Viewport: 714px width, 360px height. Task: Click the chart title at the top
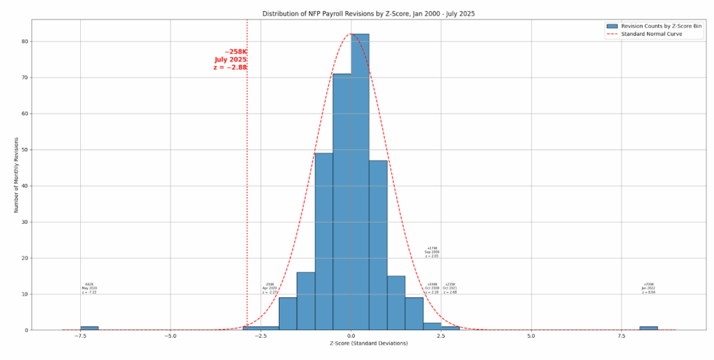click(367, 14)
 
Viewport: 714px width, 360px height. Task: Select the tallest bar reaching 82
click(360, 181)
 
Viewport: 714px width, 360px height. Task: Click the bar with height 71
click(342, 202)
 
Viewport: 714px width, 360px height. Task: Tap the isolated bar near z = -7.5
click(89, 328)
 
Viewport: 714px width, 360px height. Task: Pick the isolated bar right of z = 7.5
click(648, 328)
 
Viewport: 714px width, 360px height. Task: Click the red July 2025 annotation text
click(231, 59)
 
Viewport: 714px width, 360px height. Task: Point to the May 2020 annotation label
click(89, 288)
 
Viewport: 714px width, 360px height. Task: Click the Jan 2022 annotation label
click(649, 288)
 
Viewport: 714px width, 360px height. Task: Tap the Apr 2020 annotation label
click(270, 288)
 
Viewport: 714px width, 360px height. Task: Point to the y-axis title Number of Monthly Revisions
click(16, 174)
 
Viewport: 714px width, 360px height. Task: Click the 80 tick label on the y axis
click(24, 41)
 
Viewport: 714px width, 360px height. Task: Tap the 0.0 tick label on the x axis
click(351, 336)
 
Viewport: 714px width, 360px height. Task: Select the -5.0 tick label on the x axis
click(170, 336)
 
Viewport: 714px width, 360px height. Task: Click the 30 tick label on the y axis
click(24, 222)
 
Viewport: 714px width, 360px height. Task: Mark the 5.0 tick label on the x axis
click(531, 336)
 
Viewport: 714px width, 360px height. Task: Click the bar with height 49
click(324, 241)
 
